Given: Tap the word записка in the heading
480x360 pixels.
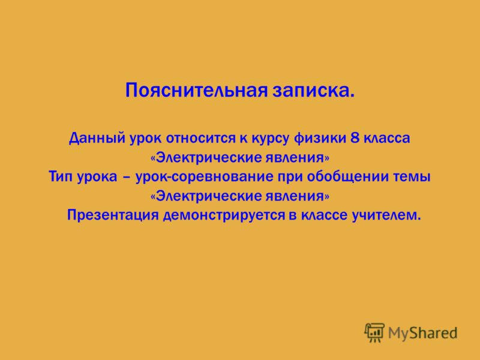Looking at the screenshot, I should pyautogui.click(x=310, y=92).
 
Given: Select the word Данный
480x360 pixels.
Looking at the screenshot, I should pyautogui.click(x=97, y=139).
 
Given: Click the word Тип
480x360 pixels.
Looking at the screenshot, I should pyautogui.click(x=61, y=177).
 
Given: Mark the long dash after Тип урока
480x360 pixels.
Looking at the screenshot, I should pyautogui.click(x=125, y=178).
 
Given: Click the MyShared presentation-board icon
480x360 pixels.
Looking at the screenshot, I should pyautogui.click(x=374, y=332).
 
